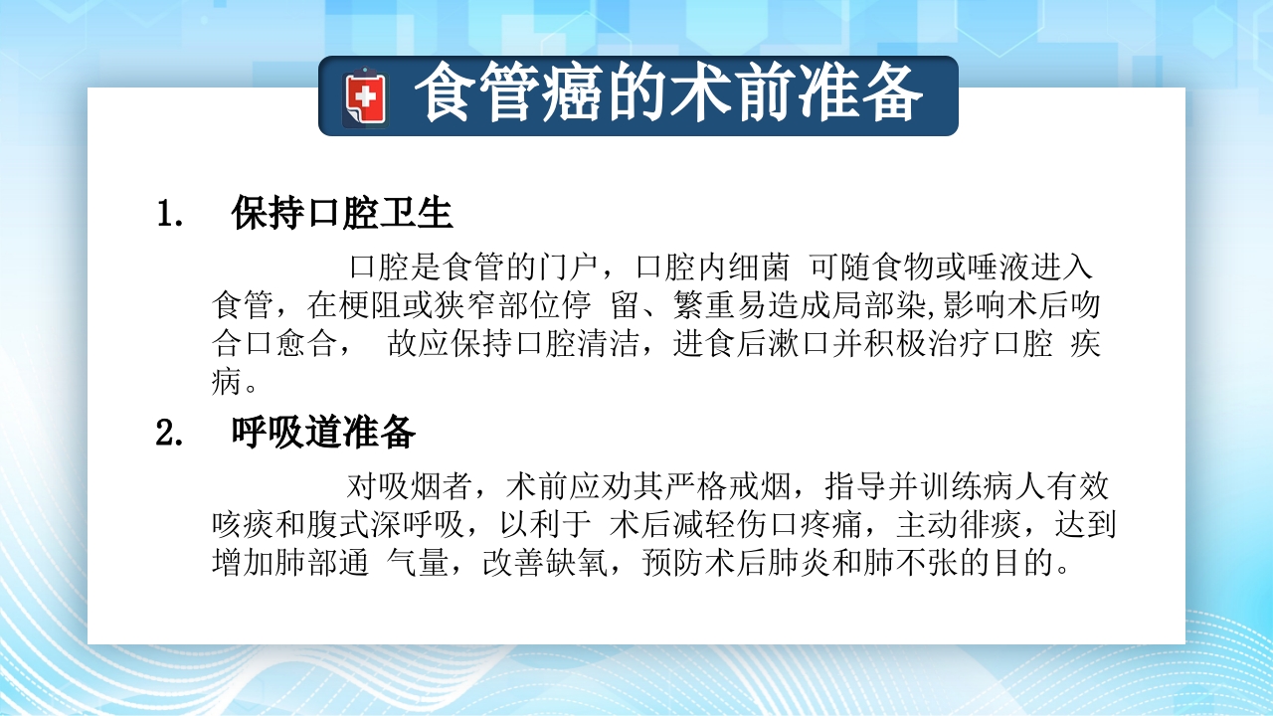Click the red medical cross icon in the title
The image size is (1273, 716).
pos(366,97)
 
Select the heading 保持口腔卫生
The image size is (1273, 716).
pos(342,214)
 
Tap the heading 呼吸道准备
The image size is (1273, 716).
pos(323,433)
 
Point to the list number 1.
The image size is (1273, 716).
pos(169,215)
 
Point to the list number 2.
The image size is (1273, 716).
pos(169,434)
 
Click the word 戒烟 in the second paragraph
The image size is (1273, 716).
pos(762,488)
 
